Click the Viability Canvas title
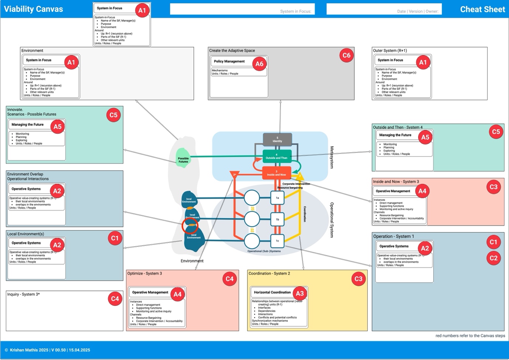coord(33,9)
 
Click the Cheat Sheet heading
coord(482,10)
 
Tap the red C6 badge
coord(346,55)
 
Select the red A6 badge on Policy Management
coord(259,64)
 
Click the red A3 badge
coord(300,294)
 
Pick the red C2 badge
coord(493,258)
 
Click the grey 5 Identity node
coord(277,140)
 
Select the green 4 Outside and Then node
coord(277,157)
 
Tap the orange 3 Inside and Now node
coord(276,173)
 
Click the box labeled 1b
coord(277,219)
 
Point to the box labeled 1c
coord(277,241)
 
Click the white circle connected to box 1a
coord(252,198)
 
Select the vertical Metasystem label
coord(331,157)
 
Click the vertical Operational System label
coord(331,220)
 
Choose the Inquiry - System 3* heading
coord(23,294)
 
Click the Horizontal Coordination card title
coord(272,292)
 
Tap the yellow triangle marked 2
coord(300,176)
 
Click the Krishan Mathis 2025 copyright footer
coord(47,350)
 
